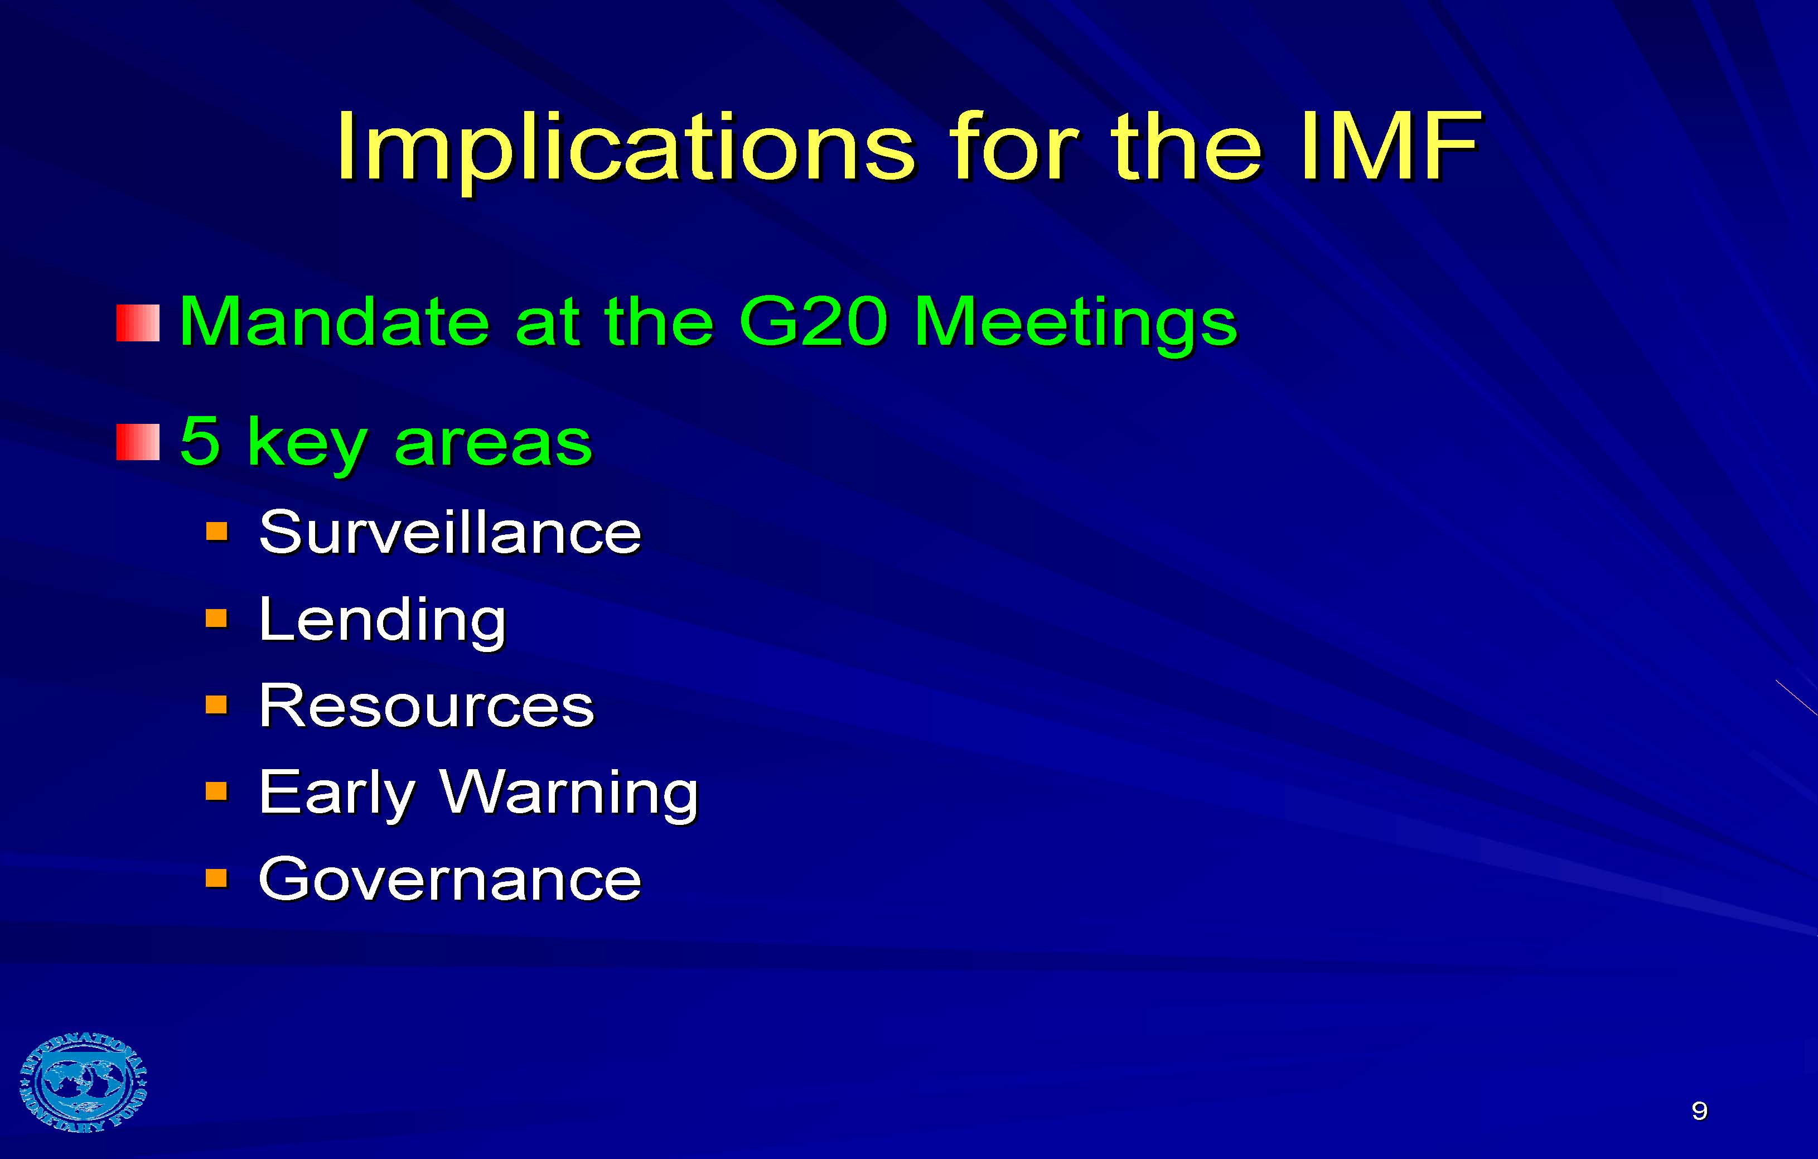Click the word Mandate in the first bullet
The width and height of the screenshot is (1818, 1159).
pos(333,322)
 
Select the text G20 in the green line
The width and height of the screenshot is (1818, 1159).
pos(814,322)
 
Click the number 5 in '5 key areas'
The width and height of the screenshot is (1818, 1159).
pos(200,441)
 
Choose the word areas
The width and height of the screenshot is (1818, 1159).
pos(493,444)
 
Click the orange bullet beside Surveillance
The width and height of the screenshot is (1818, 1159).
pos(217,532)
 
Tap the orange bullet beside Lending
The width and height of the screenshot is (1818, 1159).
pos(217,619)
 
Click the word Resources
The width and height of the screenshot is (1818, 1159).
pos(427,706)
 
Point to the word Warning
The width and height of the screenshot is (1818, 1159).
pos(569,793)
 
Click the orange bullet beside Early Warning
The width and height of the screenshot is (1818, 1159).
pos(217,791)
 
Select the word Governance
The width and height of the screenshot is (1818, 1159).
pos(450,880)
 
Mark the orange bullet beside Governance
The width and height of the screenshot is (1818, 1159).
pos(217,877)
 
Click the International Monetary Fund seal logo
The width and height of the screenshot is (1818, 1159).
pos(83,1082)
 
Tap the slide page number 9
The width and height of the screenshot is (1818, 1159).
pos(1699,1110)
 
